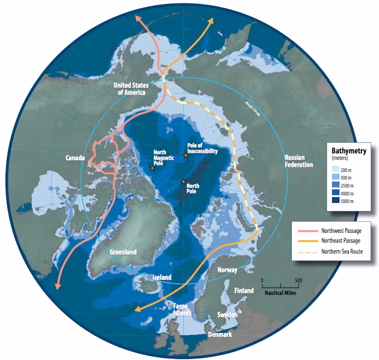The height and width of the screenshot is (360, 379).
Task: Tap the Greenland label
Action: point(123,252)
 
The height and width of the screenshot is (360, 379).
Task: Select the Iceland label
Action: point(162,277)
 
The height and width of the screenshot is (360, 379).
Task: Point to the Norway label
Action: point(227,270)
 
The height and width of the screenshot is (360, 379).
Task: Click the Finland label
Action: point(244,291)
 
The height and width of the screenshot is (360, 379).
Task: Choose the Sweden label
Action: point(227,315)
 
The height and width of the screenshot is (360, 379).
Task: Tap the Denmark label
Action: point(220,334)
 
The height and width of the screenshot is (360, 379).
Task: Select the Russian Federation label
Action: point(299,160)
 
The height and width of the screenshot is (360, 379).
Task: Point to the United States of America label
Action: point(130,88)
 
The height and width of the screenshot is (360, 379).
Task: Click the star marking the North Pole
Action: point(183,181)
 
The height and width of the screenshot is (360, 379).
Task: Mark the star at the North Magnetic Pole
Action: point(152,168)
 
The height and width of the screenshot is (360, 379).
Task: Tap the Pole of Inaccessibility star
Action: point(186,155)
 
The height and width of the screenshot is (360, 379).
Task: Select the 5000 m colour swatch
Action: point(336,201)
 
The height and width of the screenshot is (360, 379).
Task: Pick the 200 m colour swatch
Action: point(336,170)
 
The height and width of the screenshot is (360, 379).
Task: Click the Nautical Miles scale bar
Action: point(280,285)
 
